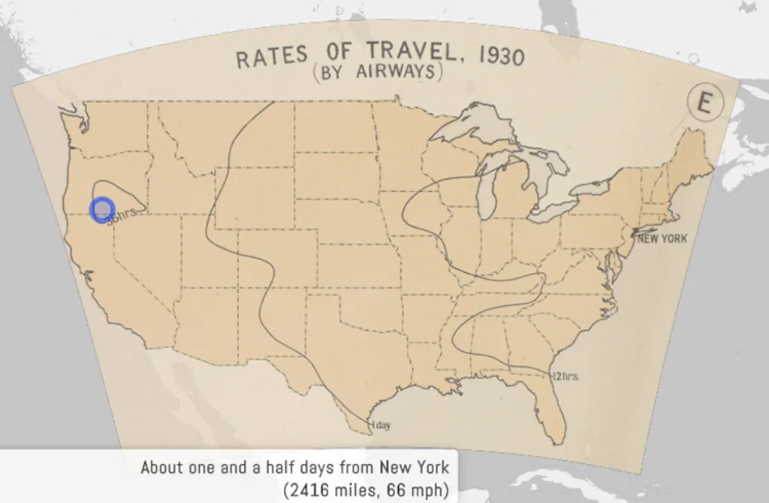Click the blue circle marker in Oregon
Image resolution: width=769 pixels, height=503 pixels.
tap(102, 209)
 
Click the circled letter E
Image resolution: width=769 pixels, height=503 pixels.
tap(704, 104)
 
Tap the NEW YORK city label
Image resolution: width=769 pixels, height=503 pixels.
tap(661, 238)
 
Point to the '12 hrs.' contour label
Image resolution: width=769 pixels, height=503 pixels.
tap(565, 376)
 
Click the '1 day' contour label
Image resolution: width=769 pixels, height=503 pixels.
tap(381, 426)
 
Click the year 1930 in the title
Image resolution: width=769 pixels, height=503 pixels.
tap(499, 57)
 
